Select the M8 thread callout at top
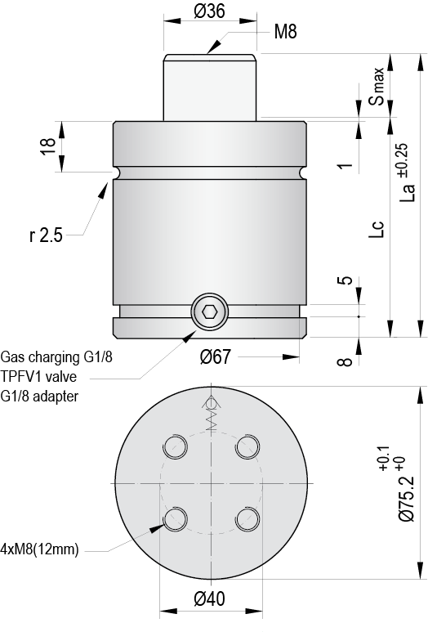click(285, 32)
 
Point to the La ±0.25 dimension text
click(408, 173)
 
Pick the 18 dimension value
click(48, 146)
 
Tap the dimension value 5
click(346, 280)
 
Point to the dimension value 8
click(346, 361)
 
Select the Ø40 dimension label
click(211, 599)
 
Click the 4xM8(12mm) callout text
click(40, 549)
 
